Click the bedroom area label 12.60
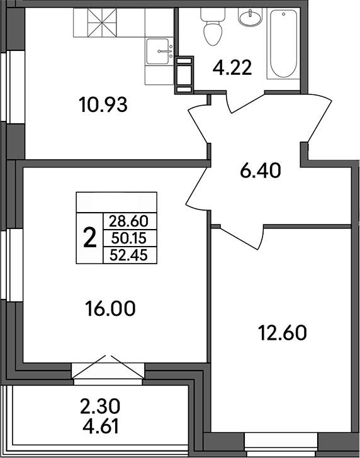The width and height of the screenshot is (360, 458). pos(282,332)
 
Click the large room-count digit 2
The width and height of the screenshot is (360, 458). pos(89,238)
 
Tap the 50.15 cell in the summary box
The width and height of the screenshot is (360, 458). pos(128,238)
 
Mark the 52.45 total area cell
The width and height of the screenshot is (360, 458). pos(128,254)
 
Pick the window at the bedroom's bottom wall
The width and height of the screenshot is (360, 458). pos(273,438)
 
